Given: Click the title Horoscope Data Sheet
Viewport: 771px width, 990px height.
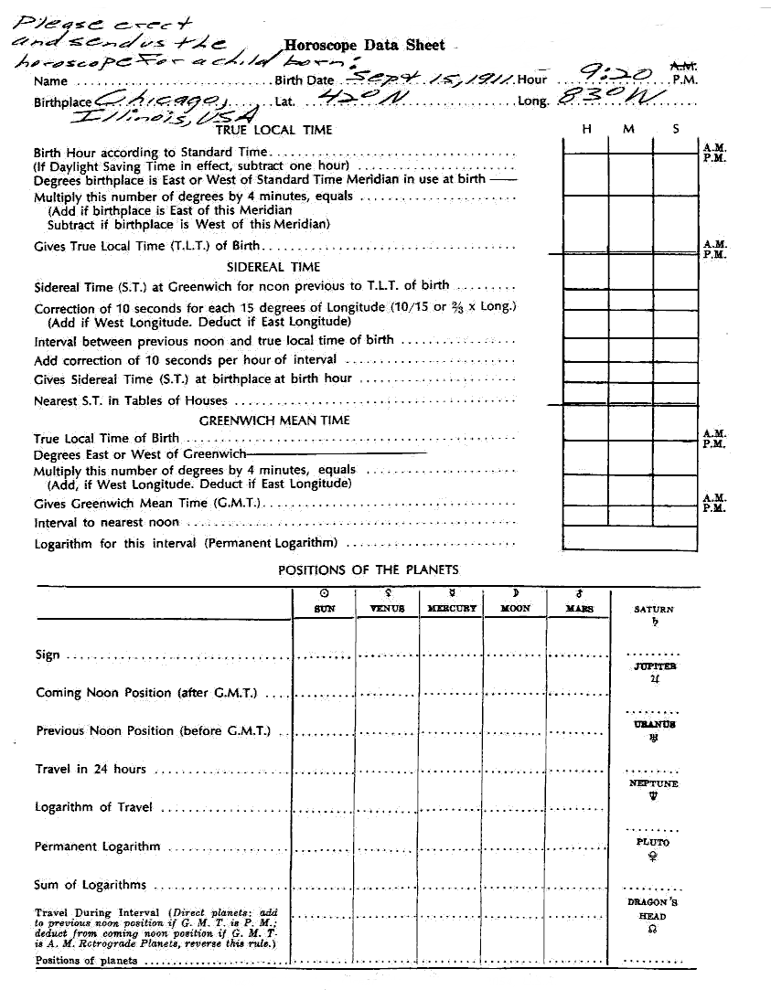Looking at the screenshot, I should click(364, 45).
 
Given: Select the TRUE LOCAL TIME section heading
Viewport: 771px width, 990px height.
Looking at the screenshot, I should click(273, 130).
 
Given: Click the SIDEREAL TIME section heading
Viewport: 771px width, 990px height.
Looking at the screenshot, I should click(273, 267).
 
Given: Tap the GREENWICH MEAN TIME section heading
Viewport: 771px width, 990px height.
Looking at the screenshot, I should click(274, 420).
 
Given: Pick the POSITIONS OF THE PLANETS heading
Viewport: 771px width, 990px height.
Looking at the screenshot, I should click(368, 570).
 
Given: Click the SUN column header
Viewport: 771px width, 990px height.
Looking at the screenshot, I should click(324, 608).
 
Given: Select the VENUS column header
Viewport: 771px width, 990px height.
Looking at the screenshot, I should click(387, 608).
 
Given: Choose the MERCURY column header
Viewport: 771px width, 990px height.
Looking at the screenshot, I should click(452, 608).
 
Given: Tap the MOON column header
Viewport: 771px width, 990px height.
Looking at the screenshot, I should click(516, 608).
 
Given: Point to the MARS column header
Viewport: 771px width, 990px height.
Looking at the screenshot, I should click(579, 608).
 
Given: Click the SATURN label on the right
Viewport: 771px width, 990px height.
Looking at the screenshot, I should click(653, 609).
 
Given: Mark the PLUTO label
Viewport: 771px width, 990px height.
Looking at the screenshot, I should click(653, 842).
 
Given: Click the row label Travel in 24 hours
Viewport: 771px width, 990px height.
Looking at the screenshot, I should click(91, 769).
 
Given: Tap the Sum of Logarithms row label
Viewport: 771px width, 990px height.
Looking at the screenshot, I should click(91, 884).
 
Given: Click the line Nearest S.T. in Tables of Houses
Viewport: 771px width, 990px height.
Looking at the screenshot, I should click(131, 400).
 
